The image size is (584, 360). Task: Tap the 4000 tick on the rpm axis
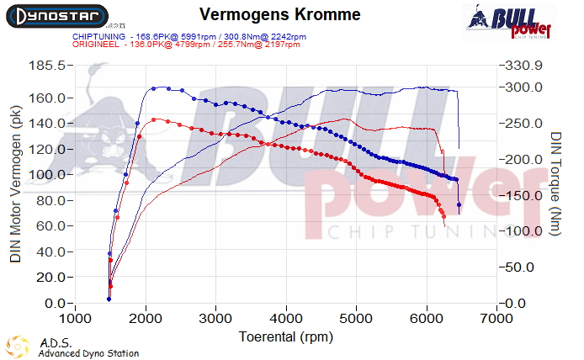click(287, 320)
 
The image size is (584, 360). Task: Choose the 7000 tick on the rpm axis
click(497, 320)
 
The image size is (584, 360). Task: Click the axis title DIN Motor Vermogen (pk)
click(16, 183)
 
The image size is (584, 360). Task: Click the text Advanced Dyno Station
click(88, 354)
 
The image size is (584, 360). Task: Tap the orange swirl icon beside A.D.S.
click(17, 347)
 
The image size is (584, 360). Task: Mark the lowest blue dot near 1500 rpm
click(109, 299)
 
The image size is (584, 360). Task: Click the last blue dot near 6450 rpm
click(459, 205)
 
